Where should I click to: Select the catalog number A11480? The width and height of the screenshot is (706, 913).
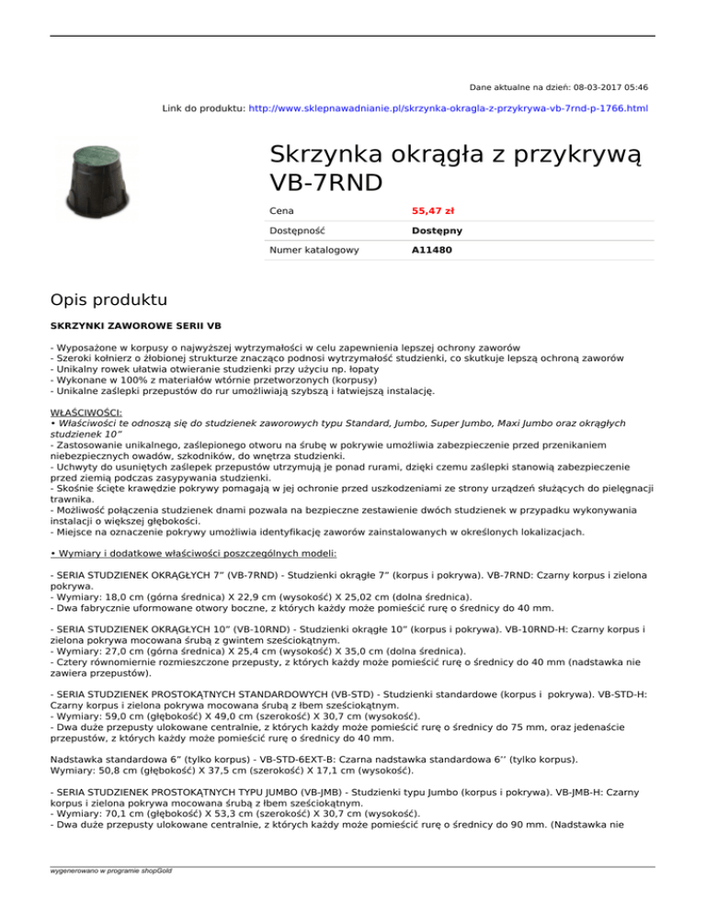tap(430, 249)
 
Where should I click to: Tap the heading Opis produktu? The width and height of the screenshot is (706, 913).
tap(109, 299)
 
